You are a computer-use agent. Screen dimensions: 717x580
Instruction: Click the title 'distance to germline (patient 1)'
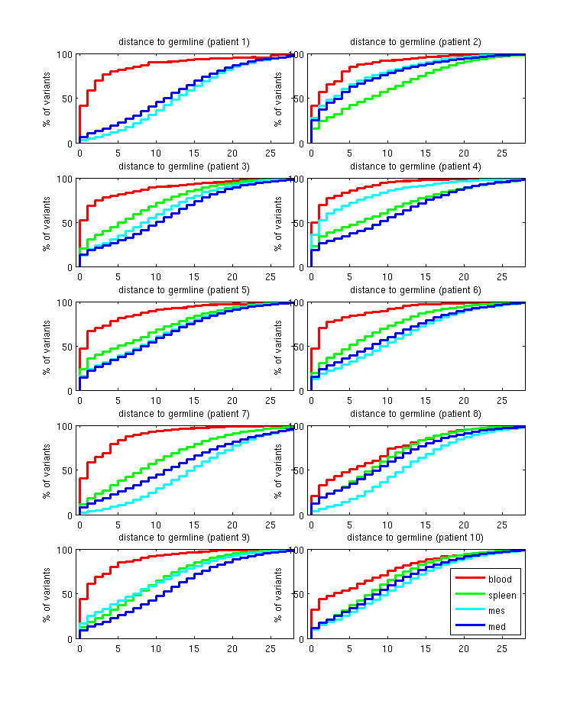pyautogui.click(x=183, y=42)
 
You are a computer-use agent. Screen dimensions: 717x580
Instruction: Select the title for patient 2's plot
pyautogui.click(x=415, y=42)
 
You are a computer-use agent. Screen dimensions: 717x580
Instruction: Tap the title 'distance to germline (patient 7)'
pyautogui.click(x=183, y=414)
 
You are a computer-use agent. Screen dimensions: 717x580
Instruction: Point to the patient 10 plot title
pyautogui.click(x=415, y=538)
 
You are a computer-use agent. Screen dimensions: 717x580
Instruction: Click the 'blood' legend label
pyautogui.click(x=500, y=579)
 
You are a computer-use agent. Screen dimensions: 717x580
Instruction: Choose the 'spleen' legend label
pyautogui.click(x=502, y=595)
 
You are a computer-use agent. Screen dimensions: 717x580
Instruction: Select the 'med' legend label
pyautogui.click(x=497, y=628)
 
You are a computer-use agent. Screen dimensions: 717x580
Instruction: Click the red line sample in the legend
pyautogui.click(x=468, y=579)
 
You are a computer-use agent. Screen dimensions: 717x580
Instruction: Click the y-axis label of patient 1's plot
pyautogui.click(x=47, y=99)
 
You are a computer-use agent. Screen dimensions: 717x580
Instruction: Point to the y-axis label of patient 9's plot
pyautogui.click(x=47, y=594)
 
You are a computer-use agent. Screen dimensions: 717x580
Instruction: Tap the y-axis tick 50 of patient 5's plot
pyautogui.click(x=67, y=347)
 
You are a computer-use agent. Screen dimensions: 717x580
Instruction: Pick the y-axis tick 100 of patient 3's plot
pyautogui.click(x=65, y=179)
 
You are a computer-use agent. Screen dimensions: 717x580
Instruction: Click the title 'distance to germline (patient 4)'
pyautogui.click(x=415, y=166)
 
